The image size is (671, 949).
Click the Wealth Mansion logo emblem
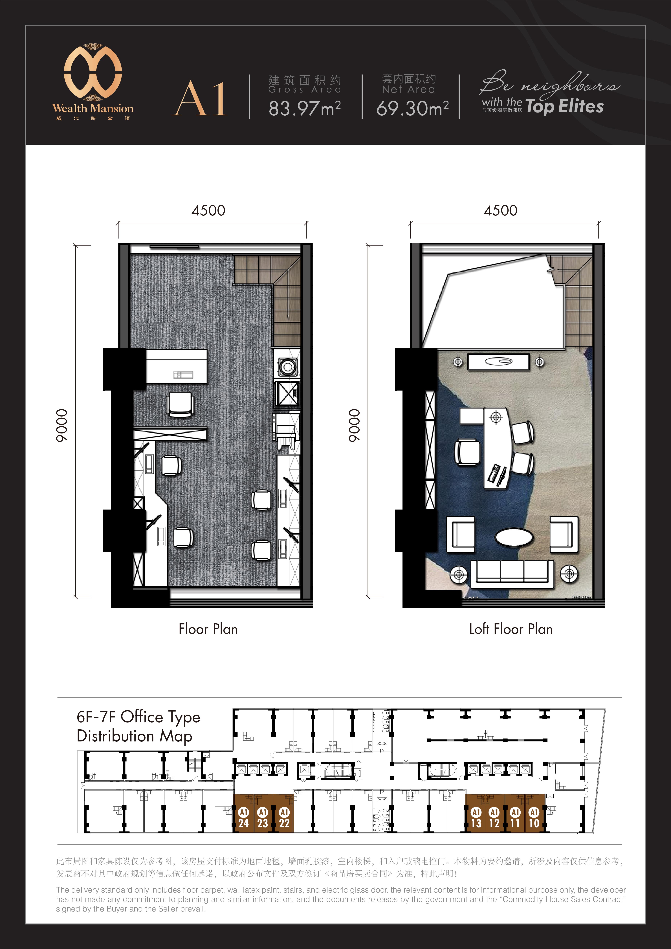point(93,72)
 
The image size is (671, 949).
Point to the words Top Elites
point(564,107)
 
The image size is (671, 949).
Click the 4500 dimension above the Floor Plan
point(208,210)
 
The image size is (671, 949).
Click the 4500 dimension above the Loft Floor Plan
point(500,210)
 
